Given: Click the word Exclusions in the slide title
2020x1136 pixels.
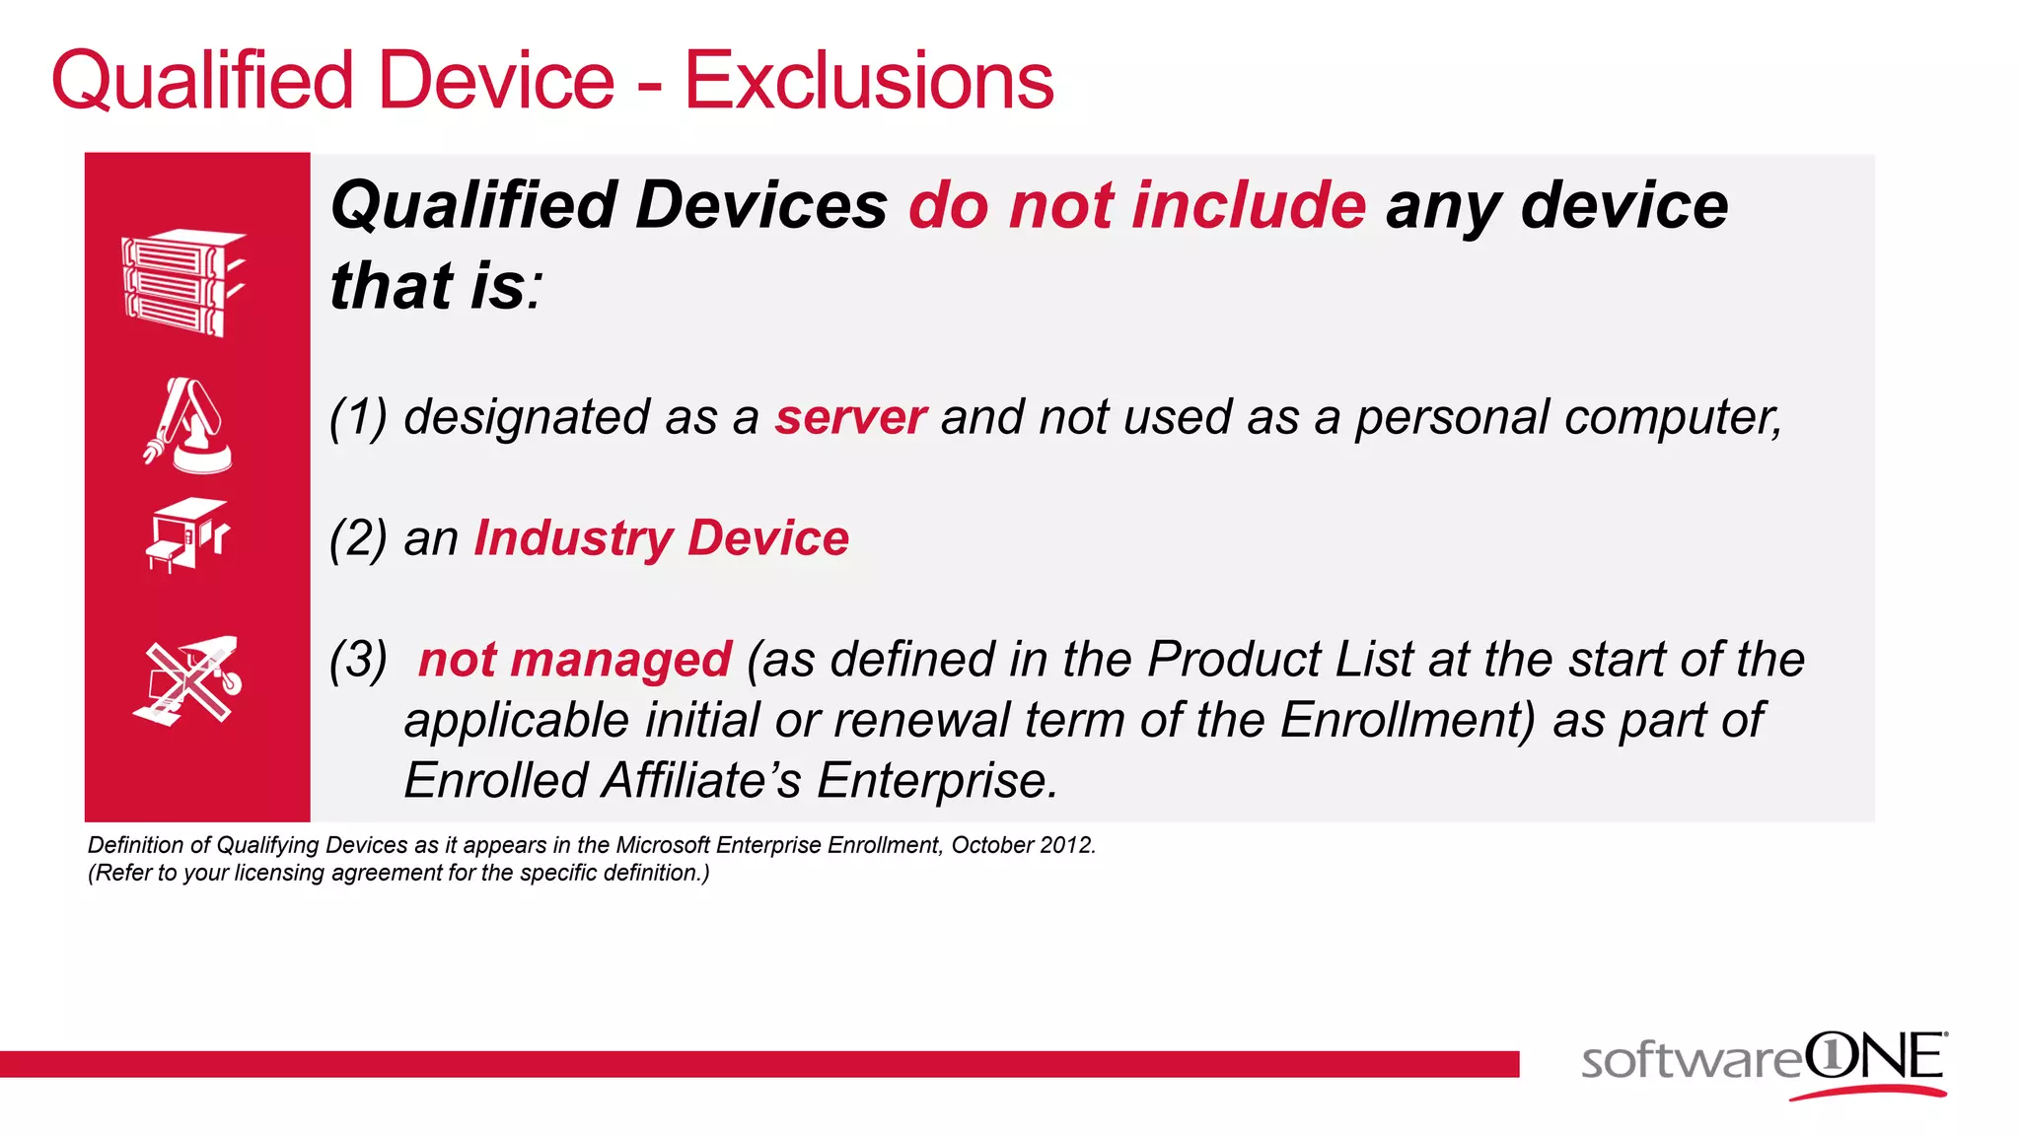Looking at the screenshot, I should [869, 81].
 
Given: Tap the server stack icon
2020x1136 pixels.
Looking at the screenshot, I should [182, 283].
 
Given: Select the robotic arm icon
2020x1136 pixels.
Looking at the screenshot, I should [187, 425].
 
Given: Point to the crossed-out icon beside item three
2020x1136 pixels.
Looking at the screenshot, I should [187, 680].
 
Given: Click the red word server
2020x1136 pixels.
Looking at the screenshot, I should [850, 417].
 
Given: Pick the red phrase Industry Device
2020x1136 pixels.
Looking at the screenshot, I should [661, 538].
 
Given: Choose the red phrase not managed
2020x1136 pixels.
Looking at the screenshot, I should [575, 659].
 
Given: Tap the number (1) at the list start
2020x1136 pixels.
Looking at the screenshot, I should [358, 417].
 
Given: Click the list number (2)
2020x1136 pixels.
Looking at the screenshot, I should [358, 538].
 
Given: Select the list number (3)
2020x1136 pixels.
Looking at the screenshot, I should [358, 659].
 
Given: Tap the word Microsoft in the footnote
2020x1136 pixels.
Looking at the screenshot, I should [661, 845].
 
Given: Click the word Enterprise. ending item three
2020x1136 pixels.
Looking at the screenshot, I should [937, 780].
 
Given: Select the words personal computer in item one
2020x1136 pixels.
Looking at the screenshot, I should [1568, 417].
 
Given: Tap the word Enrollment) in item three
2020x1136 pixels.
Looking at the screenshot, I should [1407, 720].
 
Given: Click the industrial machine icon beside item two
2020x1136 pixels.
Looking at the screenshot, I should [187, 535].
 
